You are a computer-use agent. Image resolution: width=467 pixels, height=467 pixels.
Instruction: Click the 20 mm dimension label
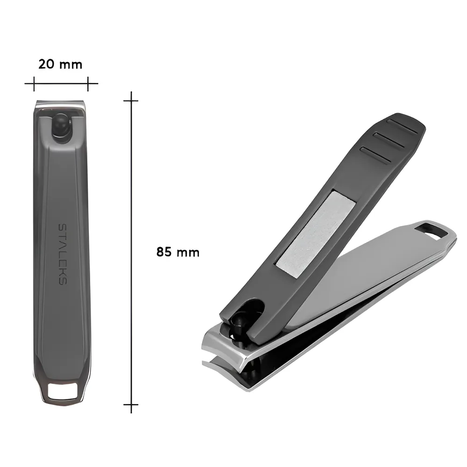point(60,64)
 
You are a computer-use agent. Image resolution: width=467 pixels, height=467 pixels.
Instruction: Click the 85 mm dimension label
point(178,252)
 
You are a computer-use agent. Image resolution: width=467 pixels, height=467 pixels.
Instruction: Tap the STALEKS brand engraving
point(63,254)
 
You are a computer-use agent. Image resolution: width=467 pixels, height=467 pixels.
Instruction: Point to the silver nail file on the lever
point(316,234)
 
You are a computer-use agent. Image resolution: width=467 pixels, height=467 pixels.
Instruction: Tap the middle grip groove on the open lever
point(389,140)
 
